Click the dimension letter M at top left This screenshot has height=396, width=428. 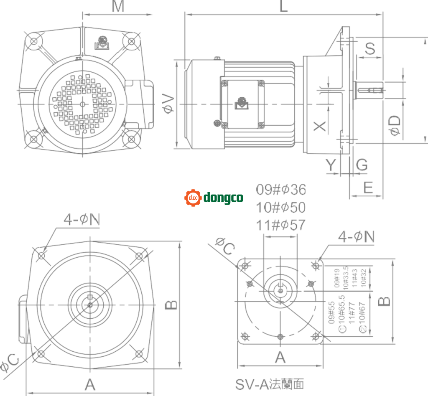pos(118,7)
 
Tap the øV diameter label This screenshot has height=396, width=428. pos(168,103)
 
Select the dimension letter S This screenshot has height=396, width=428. pos(369,48)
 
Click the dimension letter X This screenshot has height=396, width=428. pos(320,126)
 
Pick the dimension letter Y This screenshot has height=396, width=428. pos(331,166)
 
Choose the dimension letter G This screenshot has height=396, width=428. pos(362,165)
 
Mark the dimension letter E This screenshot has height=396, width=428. pos(368,188)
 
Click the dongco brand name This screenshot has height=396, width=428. pos(223,197)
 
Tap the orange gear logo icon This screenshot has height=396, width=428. pos(193,197)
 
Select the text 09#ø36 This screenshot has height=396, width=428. pos(281,190)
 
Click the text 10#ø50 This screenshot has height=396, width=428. pos(281,208)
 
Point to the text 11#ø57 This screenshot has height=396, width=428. pos(281,226)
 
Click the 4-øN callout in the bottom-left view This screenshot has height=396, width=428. pos(82,220)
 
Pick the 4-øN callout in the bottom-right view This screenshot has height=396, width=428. pos(356,237)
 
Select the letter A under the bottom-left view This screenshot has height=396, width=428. pos(90,384)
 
